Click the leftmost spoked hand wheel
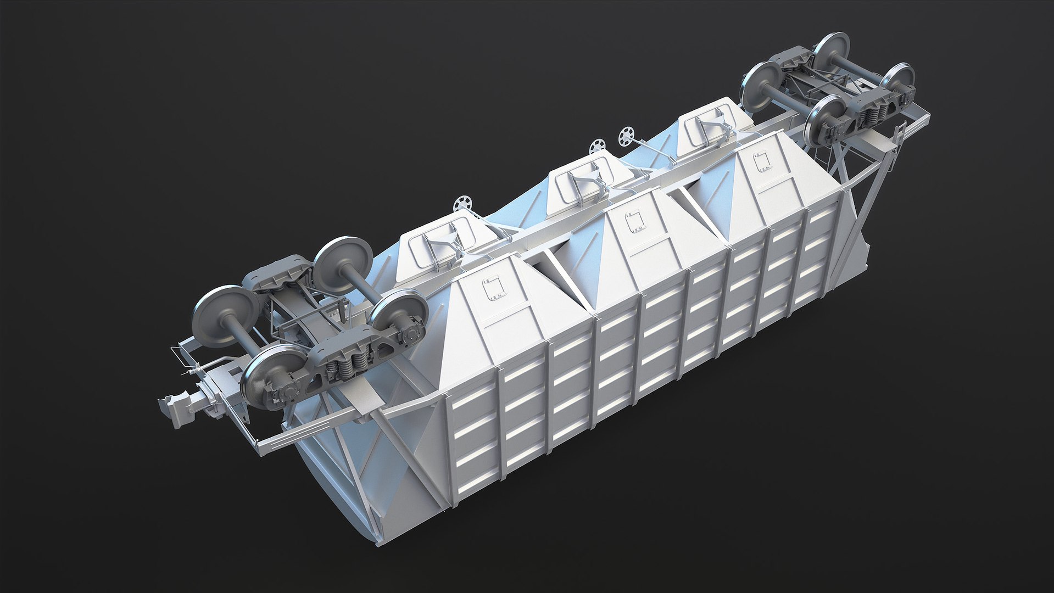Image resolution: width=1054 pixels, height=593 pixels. tap(463, 204)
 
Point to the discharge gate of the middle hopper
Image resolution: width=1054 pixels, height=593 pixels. tap(582, 177)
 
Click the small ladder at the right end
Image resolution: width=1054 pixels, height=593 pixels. tap(899, 137)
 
